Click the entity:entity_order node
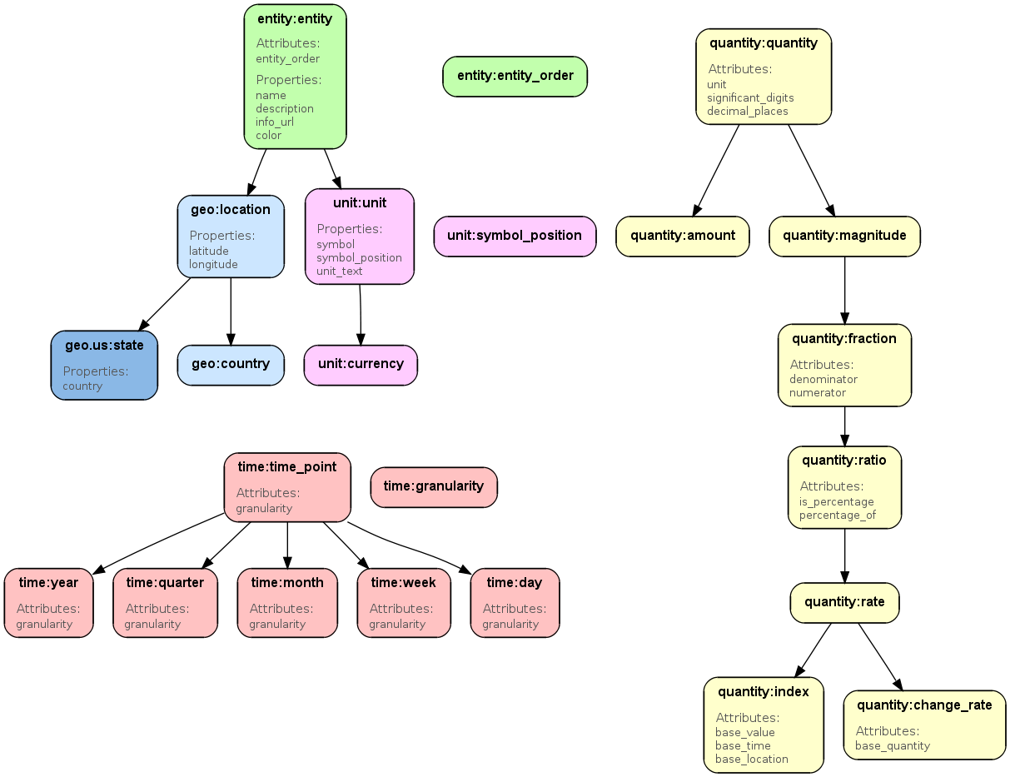pos(515,76)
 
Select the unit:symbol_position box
pos(515,236)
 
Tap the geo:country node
pos(231,365)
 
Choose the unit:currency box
pos(361,365)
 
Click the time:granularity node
pos(433,486)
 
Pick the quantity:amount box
pos(682,236)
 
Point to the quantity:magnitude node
pos(844,236)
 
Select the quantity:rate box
pos(844,602)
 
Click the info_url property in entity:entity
pos(275,122)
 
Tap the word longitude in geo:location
pos(213,265)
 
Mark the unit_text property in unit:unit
pos(340,271)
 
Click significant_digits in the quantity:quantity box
pos(750,97)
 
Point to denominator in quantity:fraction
pos(823,379)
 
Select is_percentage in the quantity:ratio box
pos(837,501)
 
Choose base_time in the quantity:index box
pos(743,745)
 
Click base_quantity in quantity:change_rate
pos(893,745)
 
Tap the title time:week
pos(404,583)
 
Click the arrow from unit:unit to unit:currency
pos(361,315)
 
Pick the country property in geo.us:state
pos(82,386)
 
